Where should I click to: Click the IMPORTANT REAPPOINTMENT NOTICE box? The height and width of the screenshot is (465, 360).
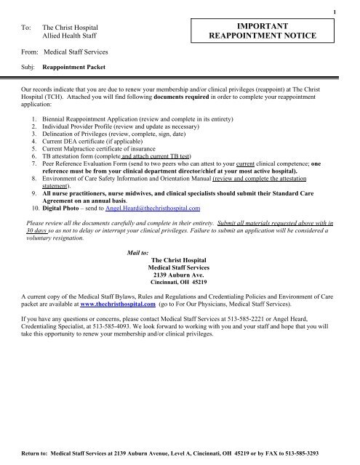point(282,29)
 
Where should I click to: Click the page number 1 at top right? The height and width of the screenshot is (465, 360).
point(352,11)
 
